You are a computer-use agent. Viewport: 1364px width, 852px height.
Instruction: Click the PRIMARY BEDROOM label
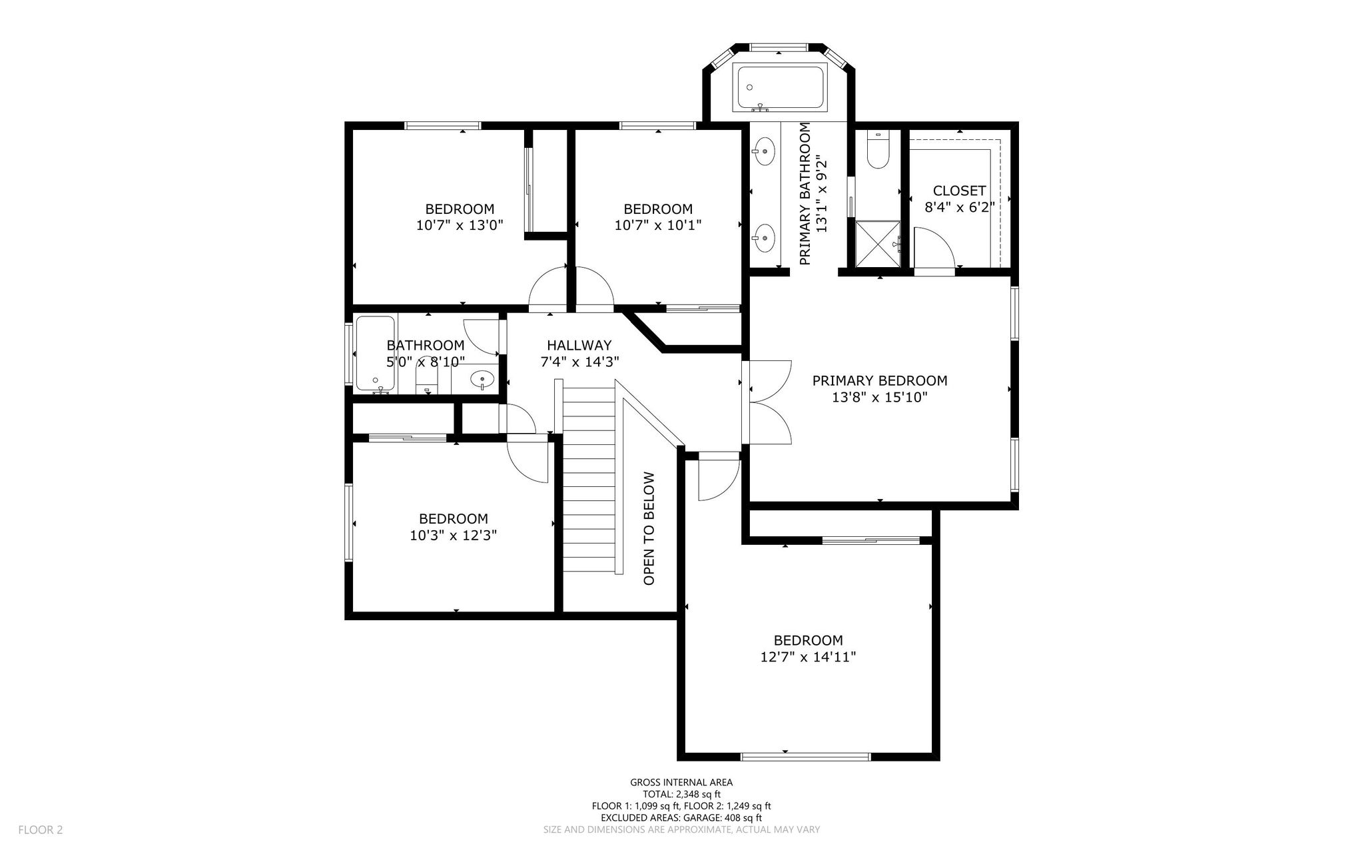[879, 381]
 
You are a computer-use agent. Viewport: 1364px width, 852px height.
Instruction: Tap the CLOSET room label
[959, 191]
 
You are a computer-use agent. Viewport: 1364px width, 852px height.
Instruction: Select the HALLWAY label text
[579, 345]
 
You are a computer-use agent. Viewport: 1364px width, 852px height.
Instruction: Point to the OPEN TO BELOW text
[649, 529]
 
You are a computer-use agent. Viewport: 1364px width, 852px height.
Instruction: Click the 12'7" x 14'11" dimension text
[808, 657]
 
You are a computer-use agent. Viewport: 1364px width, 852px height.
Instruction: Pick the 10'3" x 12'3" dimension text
[453, 535]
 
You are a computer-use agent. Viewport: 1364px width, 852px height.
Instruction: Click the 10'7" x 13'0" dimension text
[460, 225]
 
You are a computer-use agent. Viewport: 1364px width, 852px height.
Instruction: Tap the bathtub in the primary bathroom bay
[779, 88]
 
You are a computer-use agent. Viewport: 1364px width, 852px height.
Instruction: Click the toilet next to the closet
[877, 150]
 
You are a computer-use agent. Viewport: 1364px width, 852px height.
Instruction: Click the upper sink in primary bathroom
[765, 151]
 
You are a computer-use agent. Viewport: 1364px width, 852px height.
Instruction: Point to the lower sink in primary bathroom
[765, 236]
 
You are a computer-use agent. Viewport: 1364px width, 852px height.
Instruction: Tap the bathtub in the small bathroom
[376, 354]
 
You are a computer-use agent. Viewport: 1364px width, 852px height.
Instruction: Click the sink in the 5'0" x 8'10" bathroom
[482, 380]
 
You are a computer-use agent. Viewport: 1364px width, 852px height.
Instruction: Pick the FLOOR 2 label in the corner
[40, 830]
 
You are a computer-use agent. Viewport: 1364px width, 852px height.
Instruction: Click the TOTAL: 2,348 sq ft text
[681, 794]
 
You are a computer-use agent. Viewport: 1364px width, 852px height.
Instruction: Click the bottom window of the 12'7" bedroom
[806, 757]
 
